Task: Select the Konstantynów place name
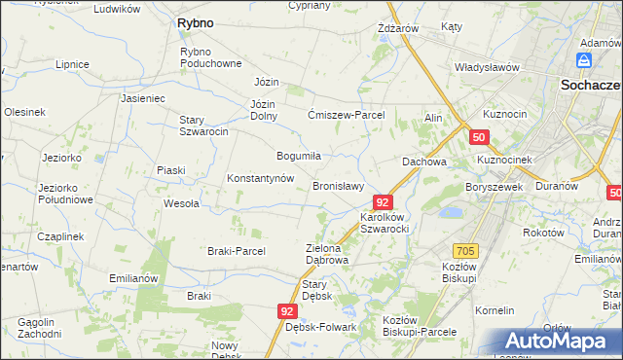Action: point(260,179)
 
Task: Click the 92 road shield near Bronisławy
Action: point(383,202)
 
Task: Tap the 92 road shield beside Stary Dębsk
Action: point(286,310)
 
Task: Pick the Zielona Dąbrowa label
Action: point(326,254)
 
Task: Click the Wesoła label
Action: point(181,204)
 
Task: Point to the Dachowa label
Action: point(424,162)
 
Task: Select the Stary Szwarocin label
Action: point(203,126)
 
